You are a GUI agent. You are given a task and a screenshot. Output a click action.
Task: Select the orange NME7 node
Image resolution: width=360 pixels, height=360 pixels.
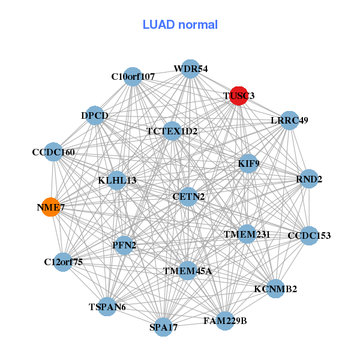pyautogui.click(x=51, y=207)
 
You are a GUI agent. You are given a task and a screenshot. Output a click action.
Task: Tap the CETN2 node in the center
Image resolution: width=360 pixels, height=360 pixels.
pyautogui.click(x=188, y=196)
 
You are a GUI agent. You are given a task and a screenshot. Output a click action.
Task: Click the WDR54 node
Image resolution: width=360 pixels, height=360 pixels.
pyautogui.click(x=190, y=69)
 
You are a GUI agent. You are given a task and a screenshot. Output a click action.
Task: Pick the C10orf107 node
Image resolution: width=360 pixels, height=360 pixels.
pyautogui.click(x=133, y=76)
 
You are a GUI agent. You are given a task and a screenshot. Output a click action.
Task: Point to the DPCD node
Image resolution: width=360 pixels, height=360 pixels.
pyautogui.click(x=95, y=115)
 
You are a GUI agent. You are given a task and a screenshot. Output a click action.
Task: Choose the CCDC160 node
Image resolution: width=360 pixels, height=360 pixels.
pyautogui.click(x=54, y=153)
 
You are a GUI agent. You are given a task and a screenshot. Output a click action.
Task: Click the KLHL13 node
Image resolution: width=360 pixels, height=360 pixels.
pyautogui.click(x=117, y=180)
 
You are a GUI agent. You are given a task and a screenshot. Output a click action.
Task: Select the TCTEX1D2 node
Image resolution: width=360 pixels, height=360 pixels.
pyautogui.click(x=172, y=131)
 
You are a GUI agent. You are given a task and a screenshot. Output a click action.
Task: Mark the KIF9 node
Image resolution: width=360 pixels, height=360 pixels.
pyautogui.click(x=248, y=163)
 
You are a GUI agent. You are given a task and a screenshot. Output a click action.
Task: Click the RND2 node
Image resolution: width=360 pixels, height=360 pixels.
pyautogui.click(x=308, y=179)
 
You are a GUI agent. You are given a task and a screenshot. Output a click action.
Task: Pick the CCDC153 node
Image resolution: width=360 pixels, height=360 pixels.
pyautogui.click(x=308, y=235)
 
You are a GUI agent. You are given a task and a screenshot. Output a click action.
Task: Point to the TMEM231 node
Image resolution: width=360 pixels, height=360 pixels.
pyautogui.click(x=247, y=233)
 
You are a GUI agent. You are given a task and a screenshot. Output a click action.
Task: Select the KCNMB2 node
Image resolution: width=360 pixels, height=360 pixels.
pyautogui.click(x=275, y=289)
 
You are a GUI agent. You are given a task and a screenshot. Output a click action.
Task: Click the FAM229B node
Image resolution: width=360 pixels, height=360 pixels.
pyautogui.click(x=225, y=321)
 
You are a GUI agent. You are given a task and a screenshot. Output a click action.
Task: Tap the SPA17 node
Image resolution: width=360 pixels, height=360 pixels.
pyautogui.click(x=164, y=327)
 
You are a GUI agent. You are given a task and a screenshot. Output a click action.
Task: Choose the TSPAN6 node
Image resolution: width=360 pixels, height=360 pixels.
pyautogui.click(x=107, y=307)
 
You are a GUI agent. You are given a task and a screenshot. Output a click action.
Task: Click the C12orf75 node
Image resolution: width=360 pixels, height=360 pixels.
pyautogui.click(x=64, y=262)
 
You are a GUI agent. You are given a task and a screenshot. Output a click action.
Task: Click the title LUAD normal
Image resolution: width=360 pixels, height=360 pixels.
pyautogui.click(x=180, y=25)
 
